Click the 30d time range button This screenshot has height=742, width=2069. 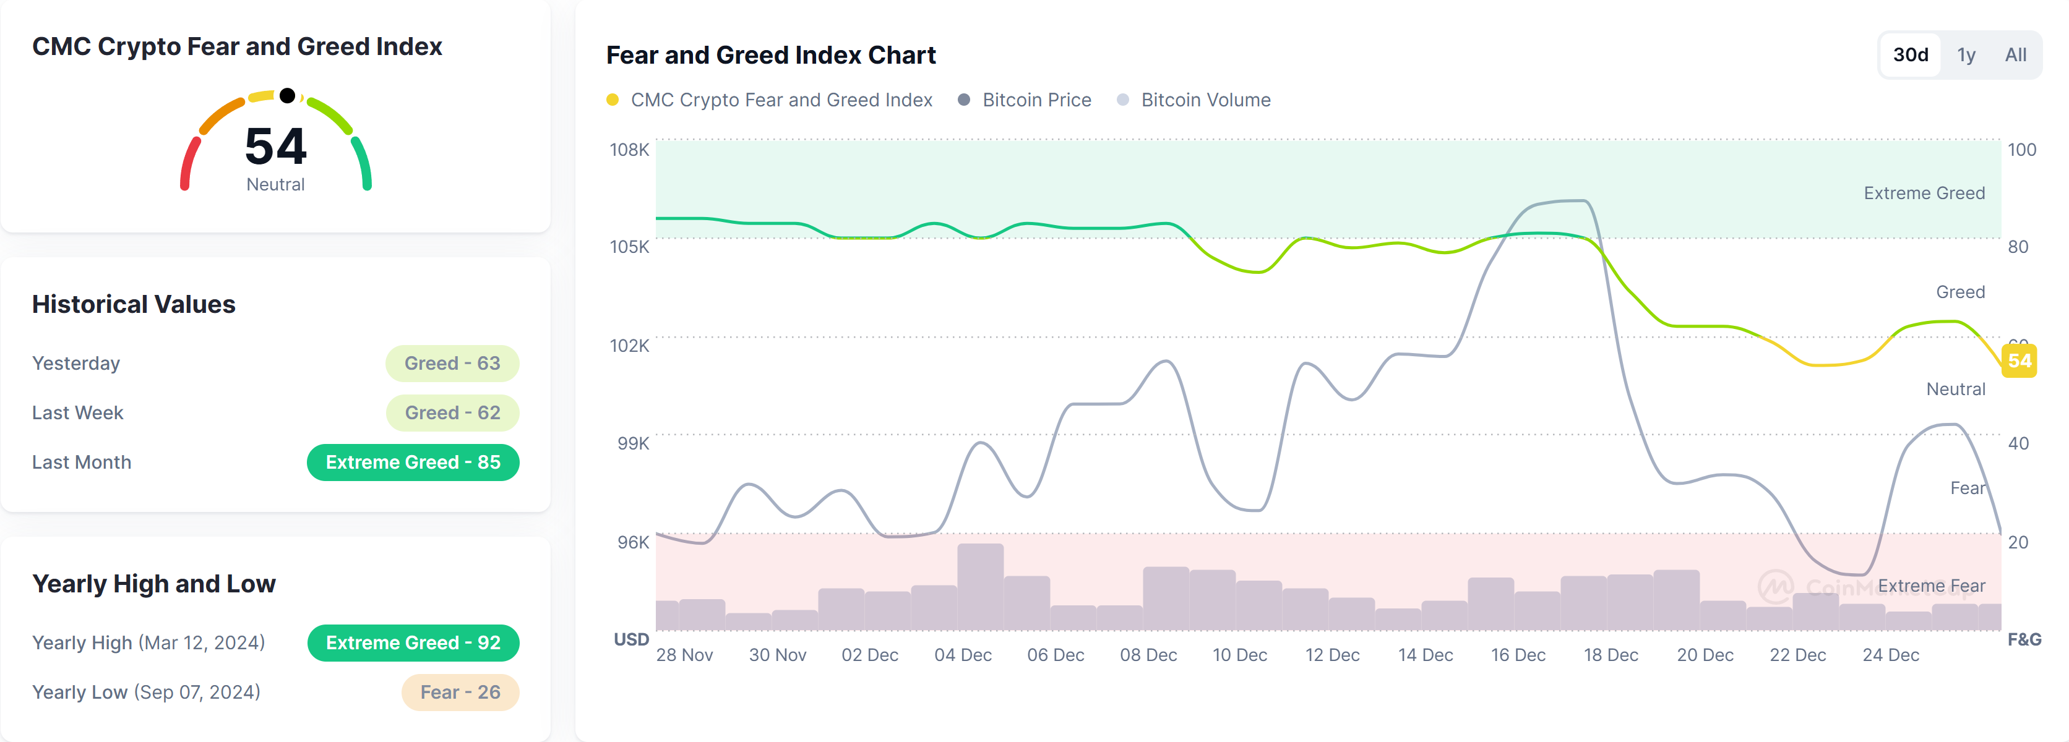[1910, 54]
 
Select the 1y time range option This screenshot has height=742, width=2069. [1966, 54]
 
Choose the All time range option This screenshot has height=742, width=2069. [2015, 54]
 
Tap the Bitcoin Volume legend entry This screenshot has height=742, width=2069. [1205, 100]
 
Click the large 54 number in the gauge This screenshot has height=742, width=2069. [275, 146]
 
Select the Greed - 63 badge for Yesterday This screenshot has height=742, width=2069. [452, 363]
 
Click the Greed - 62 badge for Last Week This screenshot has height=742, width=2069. [452, 413]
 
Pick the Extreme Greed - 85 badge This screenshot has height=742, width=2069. [413, 463]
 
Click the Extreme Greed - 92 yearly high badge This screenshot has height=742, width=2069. [413, 642]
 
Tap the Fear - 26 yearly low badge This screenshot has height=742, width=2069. [460, 692]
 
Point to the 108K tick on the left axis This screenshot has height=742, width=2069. [629, 150]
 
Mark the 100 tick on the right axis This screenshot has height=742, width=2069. [2021, 150]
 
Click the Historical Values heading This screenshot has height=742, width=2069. [133, 304]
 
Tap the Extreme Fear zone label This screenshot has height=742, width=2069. [1931, 586]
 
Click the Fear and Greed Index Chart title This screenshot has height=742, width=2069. [770, 54]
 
